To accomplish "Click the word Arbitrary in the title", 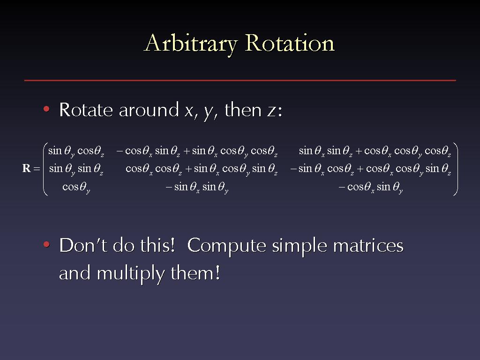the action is (190, 44).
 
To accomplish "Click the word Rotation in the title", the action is (290, 43).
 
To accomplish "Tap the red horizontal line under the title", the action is (240, 80).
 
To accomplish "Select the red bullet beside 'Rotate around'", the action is (46, 109).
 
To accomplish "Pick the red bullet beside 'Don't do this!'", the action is (46, 244).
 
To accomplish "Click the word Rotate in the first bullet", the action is (86, 110).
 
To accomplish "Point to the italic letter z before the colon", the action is (271, 111).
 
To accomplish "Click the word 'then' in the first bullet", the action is (243, 110).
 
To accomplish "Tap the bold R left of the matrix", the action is (27, 168).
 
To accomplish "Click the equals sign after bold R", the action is (37, 168).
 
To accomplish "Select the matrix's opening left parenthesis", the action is (45, 169).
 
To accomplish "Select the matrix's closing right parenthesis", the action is (455, 169).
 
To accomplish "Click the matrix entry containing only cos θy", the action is (76, 187).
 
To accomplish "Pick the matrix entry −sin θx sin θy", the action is (197, 187).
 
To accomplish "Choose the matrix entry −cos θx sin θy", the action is (371, 187).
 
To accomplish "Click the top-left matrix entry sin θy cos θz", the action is (76, 151).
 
